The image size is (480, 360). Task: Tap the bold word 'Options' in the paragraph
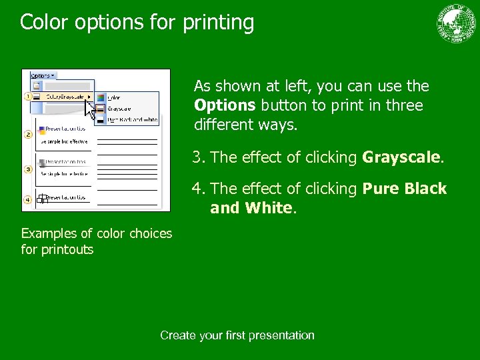coord(225,105)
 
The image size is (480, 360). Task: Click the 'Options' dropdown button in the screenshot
coord(43,76)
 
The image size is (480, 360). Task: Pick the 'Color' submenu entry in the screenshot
coord(114,97)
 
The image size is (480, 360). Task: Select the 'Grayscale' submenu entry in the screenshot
coord(119,108)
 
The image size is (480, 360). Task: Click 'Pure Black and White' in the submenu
coord(132,119)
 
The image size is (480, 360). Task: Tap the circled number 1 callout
coord(28,97)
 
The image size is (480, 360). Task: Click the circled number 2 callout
coord(28,134)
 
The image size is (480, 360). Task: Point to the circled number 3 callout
coord(28,169)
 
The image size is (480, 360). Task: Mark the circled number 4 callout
coord(28,199)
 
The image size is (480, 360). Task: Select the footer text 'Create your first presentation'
coord(237,335)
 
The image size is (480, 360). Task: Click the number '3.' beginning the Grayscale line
coord(199,157)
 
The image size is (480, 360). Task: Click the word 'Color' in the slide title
coord(44,23)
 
